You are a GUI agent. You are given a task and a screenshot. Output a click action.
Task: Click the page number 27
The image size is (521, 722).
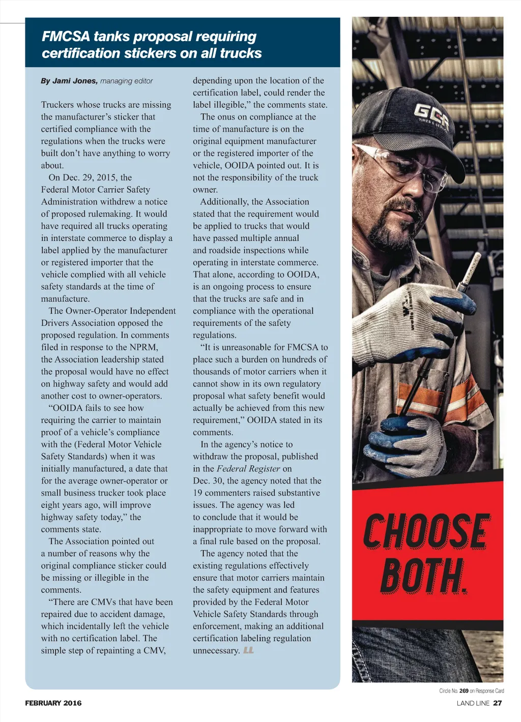tap(498, 703)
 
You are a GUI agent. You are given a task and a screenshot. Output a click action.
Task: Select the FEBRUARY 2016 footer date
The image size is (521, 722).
tap(53, 703)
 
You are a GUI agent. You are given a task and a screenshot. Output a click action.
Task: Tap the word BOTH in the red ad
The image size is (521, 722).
tap(422, 576)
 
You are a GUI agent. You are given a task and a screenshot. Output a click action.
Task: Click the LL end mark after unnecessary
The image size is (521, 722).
tap(248, 650)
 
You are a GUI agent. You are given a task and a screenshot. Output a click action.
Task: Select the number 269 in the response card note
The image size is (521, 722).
tap(464, 691)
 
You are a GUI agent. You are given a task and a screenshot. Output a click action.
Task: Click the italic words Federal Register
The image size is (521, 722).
tap(248, 469)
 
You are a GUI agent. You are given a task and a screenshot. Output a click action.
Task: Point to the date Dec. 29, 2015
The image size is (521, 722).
tap(91, 177)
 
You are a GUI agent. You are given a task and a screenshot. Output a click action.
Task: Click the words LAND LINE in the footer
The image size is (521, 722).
tap(473, 703)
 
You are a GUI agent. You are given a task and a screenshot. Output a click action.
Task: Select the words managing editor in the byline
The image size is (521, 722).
tap(126, 81)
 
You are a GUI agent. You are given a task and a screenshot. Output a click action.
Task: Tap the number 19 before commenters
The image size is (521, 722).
tap(197, 493)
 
